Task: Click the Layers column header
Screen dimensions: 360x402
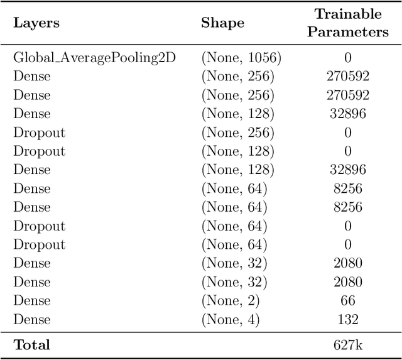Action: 36,23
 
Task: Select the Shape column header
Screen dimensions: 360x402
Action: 222,23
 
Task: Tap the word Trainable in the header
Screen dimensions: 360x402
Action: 348,14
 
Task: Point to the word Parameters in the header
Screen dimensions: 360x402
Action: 348,32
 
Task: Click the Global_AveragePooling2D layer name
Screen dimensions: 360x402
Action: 94,58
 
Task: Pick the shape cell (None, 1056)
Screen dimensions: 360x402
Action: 241,58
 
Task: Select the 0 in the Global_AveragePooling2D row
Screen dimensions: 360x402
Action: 348,58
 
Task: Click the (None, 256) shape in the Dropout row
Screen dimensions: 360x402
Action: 237,133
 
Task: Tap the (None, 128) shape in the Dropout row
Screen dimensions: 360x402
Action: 237,151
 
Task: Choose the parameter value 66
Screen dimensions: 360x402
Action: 348,301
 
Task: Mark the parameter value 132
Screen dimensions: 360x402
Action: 348,320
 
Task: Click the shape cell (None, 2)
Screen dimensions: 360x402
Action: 230,301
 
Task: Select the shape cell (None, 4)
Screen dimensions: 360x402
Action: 230,320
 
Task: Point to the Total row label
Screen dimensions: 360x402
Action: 31,344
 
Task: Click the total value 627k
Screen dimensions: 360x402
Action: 348,344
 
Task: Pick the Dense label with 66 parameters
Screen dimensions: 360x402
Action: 32,301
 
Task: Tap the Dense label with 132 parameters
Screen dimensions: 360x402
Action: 32,320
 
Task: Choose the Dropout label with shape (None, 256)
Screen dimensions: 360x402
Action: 39,133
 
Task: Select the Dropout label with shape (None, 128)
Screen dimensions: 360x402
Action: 39,151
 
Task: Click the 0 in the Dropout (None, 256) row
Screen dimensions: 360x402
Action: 348,133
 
